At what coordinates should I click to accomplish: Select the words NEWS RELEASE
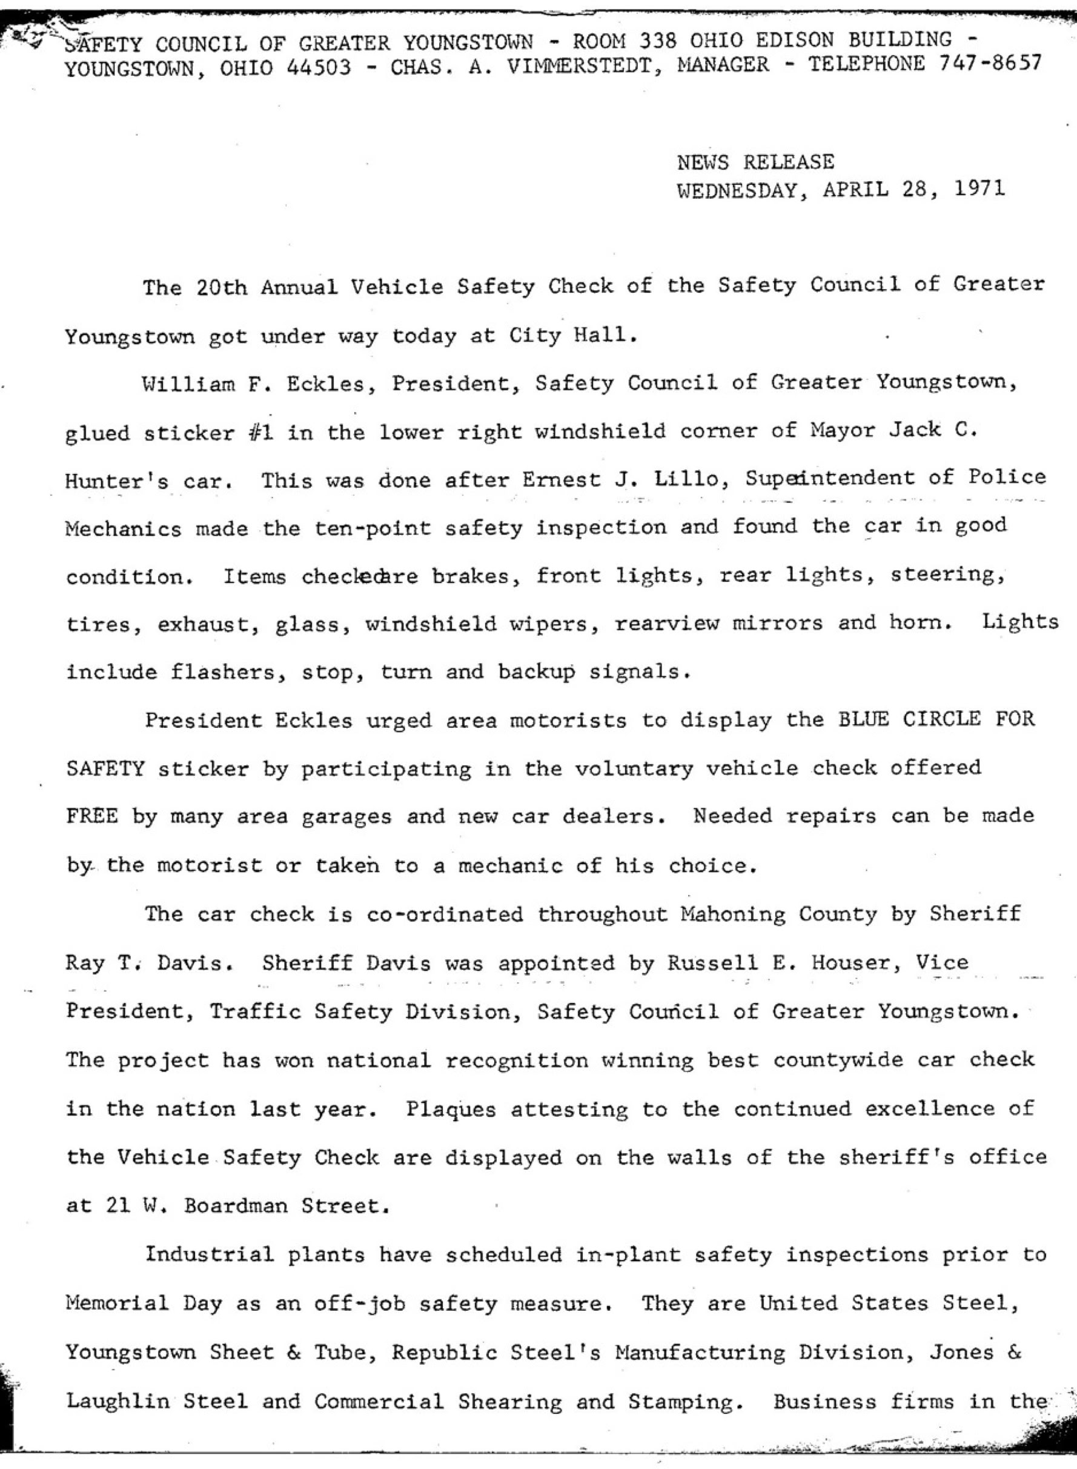click(755, 162)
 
